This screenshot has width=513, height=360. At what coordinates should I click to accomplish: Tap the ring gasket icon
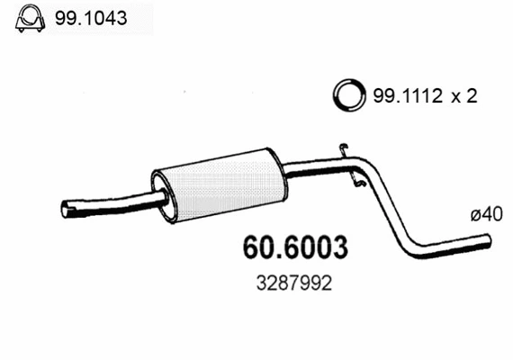(x=346, y=94)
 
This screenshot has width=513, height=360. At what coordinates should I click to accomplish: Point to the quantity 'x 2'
(x=463, y=94)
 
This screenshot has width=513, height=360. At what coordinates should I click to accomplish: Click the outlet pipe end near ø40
(x=490, y=240)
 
